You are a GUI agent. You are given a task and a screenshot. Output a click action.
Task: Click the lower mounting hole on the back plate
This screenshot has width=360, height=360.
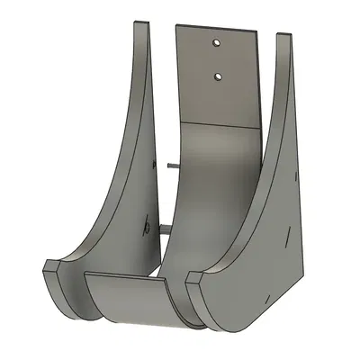pyautogui.click(x=216, y=77)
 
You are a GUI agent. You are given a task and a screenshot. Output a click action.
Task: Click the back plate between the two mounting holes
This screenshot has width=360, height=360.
pyautogui.click(x=216, y=60)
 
